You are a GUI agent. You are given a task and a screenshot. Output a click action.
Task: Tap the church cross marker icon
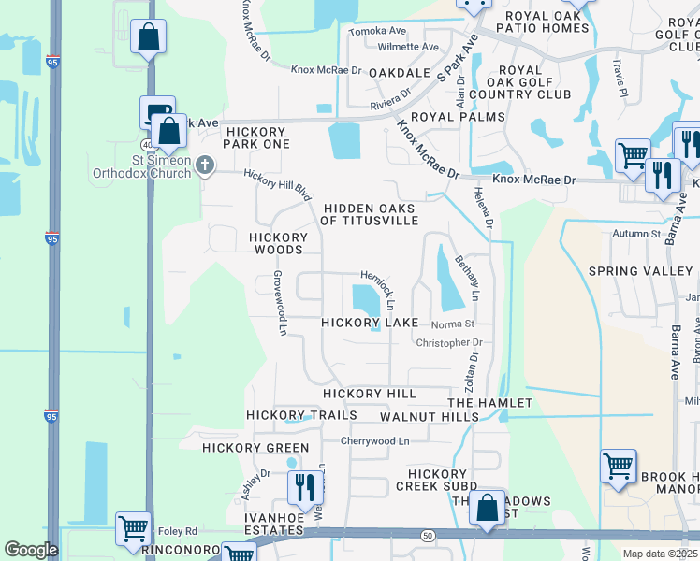tap(207, 167)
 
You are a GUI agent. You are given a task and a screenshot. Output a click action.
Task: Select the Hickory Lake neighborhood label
tap(370, 323)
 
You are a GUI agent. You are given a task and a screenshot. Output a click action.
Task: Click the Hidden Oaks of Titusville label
tap(370, 214)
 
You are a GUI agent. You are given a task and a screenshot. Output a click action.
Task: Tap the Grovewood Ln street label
tap(279, 303)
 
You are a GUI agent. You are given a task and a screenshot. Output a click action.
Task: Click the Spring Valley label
tap(640, 271)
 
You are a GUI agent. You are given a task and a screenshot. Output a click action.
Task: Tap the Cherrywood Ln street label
tap(375, 440)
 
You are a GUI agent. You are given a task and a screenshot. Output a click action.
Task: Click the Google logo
tap(31, 550)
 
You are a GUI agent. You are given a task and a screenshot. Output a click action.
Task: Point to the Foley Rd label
tap(178, 528)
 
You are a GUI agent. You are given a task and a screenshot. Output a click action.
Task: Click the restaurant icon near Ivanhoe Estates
tap(305, 487)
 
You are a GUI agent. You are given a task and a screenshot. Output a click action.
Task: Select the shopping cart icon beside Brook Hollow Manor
tap(619, 466)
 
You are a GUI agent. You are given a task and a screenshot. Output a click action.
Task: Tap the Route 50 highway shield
tap(427, 534)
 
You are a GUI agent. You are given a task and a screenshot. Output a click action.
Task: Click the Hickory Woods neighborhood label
tap(276, 244)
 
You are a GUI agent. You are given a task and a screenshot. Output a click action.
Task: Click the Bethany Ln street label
tap(467, 278)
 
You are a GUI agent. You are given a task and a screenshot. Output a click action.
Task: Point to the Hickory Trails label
tap(301, 415)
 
